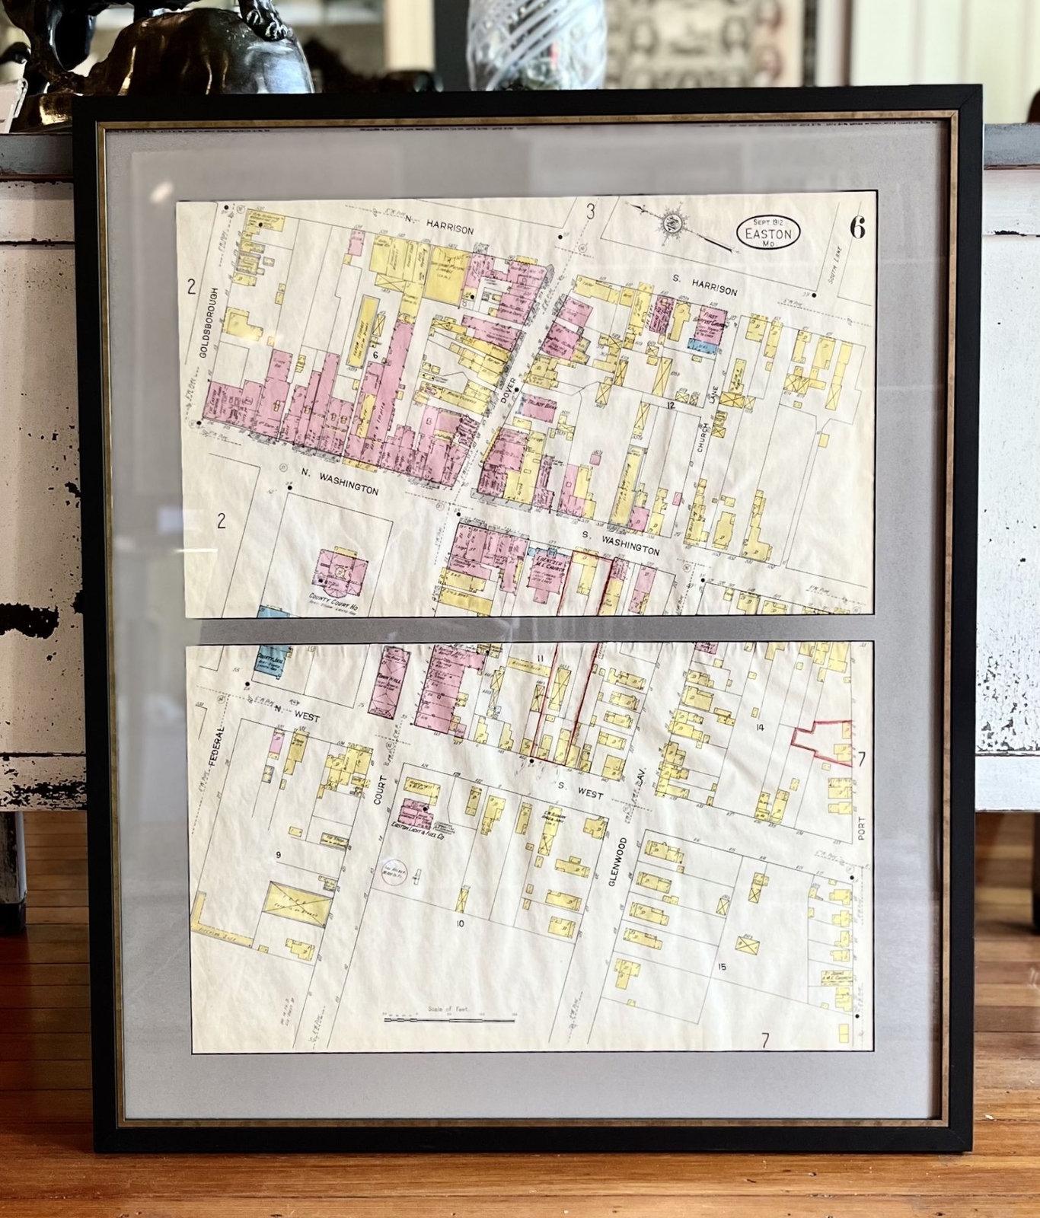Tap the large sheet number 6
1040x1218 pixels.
point(858,228)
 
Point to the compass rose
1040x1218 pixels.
point(672,223)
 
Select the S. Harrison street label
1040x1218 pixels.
point(703,286)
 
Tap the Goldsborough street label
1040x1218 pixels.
point(204,323)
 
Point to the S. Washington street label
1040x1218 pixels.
point(620,543)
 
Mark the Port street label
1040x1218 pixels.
point(861,828)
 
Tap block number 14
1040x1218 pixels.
point(759,728)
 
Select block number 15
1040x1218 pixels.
point(722,967)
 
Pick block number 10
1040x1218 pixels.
point(459,923)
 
